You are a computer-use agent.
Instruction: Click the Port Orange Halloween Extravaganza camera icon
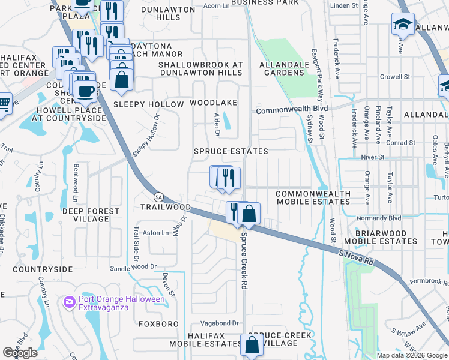(70, 301)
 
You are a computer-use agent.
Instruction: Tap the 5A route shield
(158, 196)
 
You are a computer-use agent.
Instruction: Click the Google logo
(20, 353)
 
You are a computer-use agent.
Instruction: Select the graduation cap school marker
(402, 25)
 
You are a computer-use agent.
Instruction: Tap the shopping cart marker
(4, 103)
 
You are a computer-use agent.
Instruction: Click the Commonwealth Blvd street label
(285, 110)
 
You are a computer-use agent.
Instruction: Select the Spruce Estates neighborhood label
(231, 151)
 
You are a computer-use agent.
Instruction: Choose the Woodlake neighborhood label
(214, 103)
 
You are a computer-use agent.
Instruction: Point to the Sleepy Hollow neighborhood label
(148, 104)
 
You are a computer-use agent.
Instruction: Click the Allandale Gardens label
(282, 68)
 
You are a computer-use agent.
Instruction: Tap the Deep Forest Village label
(85, 215)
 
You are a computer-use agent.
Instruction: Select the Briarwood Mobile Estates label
(386, 236)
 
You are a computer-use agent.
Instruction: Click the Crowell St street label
(394, 77)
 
